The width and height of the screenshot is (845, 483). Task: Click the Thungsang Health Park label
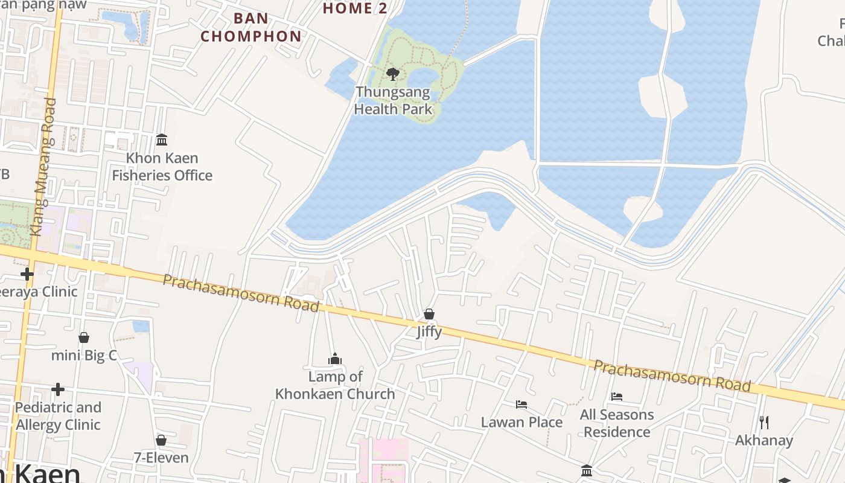pyautogui.click(x=393, y=101)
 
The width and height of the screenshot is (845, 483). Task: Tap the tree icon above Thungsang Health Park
pyautogui.click(x=393, y=74)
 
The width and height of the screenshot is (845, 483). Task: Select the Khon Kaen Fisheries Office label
pyautogui.click(x=162, y=167)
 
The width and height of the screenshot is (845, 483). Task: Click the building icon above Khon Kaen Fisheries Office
pyautogui.click(x=162, y=140)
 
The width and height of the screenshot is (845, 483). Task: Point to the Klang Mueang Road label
pyautogui.click(x=43, y=167)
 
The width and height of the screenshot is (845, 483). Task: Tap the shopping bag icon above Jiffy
pyautogui.click(x=429, y=314)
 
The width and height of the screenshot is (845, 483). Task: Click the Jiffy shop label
pyautogui.click(x=429, y=331)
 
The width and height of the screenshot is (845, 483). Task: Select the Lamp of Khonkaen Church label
pyautogui.click(x=335, y=385)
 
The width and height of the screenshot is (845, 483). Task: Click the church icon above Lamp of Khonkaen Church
pyautogui.click(x=335, y=359)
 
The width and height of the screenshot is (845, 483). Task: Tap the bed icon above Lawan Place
pyautogui.click(x=521, y=404)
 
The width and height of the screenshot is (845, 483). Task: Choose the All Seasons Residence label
pyautogui.click(x=617, y=423)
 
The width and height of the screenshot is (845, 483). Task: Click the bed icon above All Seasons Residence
pyautogui.click(x=617, y=397)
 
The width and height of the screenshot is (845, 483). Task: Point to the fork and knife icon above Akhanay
pyautogui.click(x=764, y=422)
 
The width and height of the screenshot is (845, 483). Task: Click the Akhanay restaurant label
pyautogui.click(x=764, y=440)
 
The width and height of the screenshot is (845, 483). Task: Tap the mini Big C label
pyautogui.click(x=84, y=355)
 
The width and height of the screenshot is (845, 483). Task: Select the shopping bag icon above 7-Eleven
pyautogui.click(x=161, y=440)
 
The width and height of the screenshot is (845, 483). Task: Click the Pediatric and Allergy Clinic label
pyautogui.click(x=58, y=416)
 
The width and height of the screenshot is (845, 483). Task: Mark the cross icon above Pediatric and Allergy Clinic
pyautogui.click(x=58, y=389)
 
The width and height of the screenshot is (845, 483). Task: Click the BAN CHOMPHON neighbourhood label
pyautogui.click(x=251, y=27)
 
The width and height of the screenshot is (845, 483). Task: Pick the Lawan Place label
pyautogui.click(x=521, y=422)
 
